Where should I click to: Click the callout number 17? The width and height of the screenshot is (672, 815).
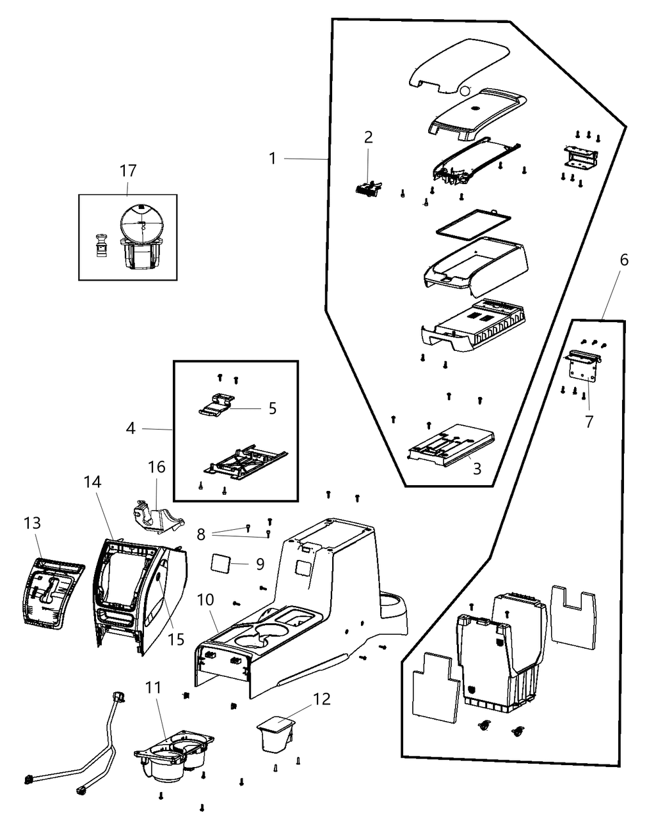[x=128, y=171]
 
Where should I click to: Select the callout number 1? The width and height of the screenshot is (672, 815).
[x=273, y=158]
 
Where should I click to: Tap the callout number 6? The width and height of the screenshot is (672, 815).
[x=624, y=260]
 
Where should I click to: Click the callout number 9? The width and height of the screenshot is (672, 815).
[x=259, y=564]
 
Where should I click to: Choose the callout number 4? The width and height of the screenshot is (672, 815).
[x=131, y=428]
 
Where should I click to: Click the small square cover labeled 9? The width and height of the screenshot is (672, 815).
[x=222, y=563]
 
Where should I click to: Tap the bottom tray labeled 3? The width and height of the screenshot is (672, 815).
[x=451, y=443]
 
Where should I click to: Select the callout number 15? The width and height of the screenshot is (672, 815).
[x=176, y=639]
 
